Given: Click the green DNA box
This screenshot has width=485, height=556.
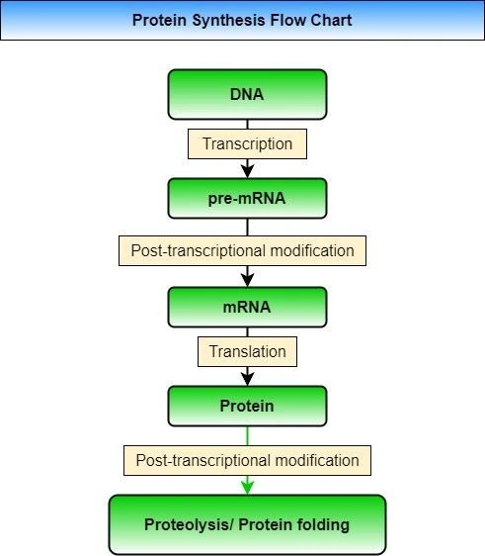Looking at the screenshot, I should click(x=247, y=95).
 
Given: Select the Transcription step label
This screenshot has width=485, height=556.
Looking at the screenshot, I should click(x=247, y=143).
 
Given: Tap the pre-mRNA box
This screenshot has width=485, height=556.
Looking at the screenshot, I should click(x=247, y=198).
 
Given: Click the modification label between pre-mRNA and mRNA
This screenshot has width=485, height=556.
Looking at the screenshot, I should click(x=242, y=250).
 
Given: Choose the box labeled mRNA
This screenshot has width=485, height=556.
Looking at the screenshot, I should click(x=247, y=307).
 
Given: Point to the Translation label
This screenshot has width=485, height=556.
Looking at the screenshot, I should click(x=247, y=351).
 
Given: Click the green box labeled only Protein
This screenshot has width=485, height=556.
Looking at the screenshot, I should click(x=247, y=406).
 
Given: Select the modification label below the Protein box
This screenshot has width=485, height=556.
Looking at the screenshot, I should click(x=247, y=460).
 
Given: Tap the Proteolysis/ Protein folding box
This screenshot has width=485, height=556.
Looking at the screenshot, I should click(x=247, y=523).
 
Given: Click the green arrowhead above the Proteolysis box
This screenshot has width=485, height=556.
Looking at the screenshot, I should click(x=247, y=486).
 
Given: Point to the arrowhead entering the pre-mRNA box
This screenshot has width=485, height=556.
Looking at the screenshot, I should click(x=247, y=170).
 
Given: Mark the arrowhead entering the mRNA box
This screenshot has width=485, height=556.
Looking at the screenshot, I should click(x=247, y=279).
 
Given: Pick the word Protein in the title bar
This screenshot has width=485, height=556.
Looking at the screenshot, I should click(x=158, y=20).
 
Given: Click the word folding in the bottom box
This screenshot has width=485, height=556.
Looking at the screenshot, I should click(x=323, y=523).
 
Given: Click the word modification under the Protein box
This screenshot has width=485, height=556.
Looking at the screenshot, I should click(x=315, y=460).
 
